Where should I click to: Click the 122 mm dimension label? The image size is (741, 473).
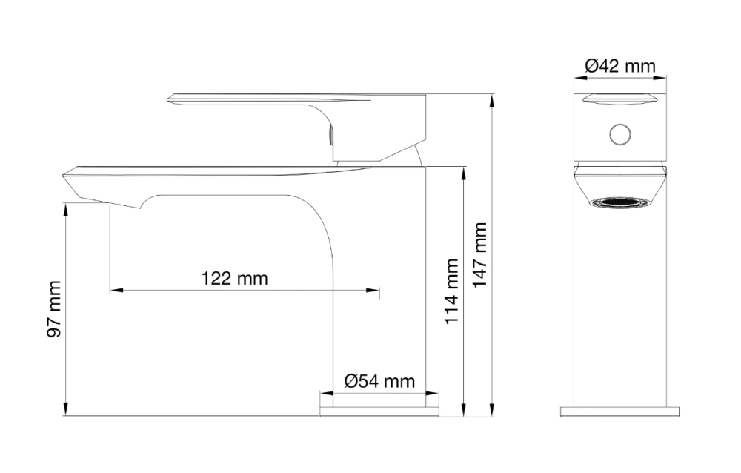coord(234,278)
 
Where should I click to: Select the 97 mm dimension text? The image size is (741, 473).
coord(54,309)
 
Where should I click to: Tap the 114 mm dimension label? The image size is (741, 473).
coord(452,291)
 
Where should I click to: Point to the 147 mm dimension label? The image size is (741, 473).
coord(480,255)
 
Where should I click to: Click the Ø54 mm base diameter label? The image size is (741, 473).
coord(380,381)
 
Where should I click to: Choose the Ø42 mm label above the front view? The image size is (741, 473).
coord(620,65)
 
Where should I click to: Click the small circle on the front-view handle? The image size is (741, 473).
coord(620,135)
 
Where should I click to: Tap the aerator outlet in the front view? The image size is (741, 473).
coord(620,202)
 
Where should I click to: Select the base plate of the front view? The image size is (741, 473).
coord(620,411)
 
